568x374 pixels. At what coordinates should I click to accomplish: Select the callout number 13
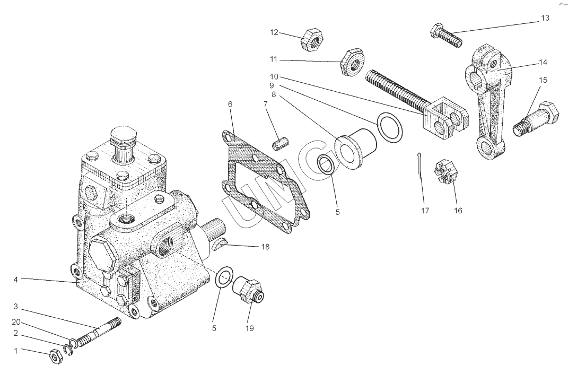[x=545, y=18]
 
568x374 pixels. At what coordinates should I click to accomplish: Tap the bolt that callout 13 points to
[x=446, y=36]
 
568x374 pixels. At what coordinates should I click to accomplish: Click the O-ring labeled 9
[x=390, y=127]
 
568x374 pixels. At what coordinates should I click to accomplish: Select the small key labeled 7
[x=280, y=141]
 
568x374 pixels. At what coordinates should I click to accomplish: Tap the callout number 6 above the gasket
[x=230, y=105]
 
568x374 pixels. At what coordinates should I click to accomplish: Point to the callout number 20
[x=16, y=322]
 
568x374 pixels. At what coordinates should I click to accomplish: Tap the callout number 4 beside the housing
[x=15, y=280]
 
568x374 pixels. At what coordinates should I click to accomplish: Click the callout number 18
[x=265, y=247]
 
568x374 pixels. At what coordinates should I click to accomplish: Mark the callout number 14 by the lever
[x=543, y=63]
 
